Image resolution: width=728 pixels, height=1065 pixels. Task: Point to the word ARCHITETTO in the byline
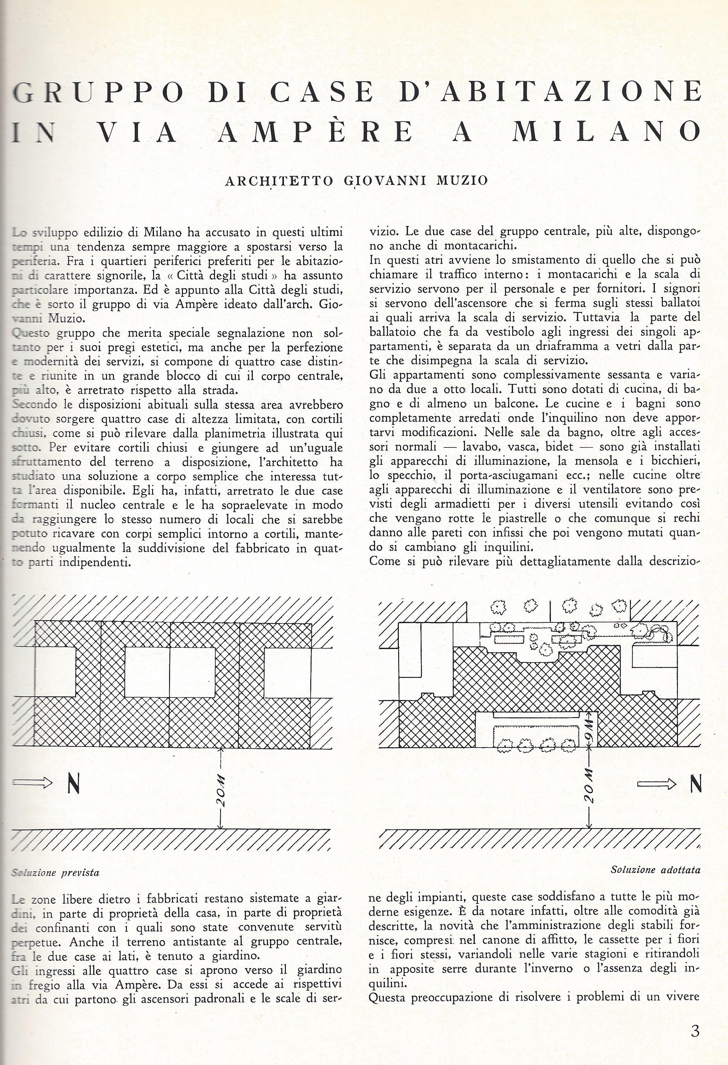point(279,181)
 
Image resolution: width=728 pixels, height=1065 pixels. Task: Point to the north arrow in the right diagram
point(656,784)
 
